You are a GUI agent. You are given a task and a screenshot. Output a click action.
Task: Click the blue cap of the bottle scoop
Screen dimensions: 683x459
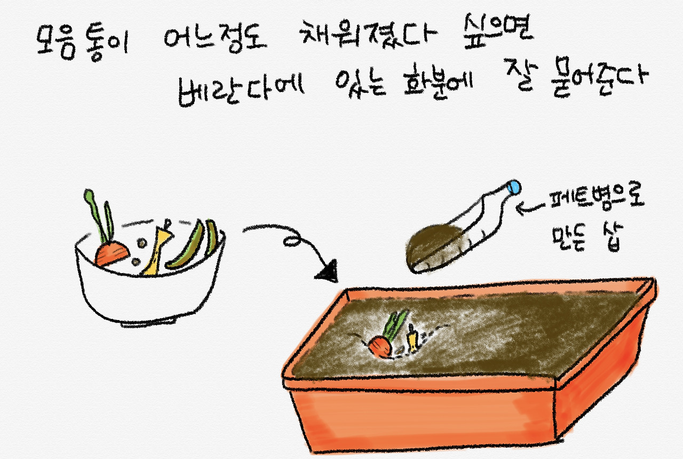(x=514, y=186)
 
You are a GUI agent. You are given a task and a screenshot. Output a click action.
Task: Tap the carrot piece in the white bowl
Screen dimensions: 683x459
(x=112, y=253)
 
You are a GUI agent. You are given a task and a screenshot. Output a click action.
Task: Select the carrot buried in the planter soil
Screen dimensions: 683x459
(x=380, y=347)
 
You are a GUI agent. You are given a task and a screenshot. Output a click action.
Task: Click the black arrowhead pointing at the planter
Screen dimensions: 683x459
(x=328, y=272)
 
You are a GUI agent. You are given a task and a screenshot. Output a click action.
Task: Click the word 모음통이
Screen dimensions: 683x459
(x=82, y=43)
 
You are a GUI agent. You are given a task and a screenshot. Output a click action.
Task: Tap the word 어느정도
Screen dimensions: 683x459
(x=215, y=39)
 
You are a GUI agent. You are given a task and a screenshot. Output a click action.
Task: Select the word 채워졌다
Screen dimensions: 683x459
(x=368, y=34)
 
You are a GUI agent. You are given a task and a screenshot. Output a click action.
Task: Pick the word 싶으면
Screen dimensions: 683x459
(x=498, y=30)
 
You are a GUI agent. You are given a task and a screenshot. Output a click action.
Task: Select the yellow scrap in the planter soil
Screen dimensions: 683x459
(x=412, y=339)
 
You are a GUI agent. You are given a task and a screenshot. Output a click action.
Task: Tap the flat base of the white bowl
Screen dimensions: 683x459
(x=149, y=323)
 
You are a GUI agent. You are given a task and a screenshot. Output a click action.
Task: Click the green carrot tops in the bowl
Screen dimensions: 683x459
(x=99, y=216)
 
